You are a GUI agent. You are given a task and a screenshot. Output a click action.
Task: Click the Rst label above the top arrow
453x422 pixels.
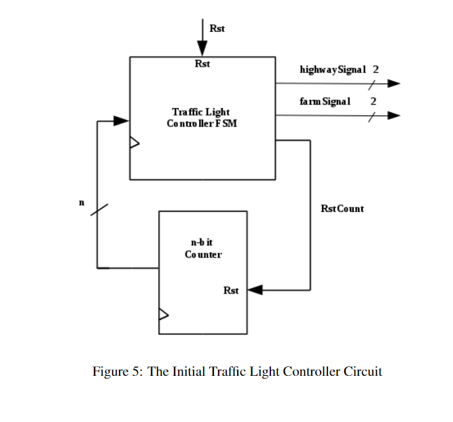tap(217, 29)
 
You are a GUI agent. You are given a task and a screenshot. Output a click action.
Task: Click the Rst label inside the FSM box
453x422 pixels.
tap(202, 64)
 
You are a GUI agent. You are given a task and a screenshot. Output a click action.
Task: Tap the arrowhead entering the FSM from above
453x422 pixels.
tap(202, 50)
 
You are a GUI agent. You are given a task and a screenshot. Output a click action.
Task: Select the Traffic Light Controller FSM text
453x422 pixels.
tap(202, 118)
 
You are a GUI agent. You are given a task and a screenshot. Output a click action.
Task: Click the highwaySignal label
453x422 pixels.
tap(333, 69)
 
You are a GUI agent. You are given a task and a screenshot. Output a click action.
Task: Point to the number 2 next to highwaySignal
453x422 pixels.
tap(376, 69)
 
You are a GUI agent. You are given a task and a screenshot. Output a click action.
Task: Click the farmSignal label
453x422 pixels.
tap(325, 101)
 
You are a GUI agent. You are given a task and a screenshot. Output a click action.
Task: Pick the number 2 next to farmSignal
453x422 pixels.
tap(373, 101)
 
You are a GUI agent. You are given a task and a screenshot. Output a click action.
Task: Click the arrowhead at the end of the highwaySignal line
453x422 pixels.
tap(393, 84)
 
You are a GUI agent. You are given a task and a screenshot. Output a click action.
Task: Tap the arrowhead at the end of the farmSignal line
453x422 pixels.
tap(393, 116)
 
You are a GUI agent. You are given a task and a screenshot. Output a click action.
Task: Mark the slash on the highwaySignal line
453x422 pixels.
tap(372, 84)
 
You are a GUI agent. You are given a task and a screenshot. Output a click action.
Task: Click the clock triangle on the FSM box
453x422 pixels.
tap(134, 143)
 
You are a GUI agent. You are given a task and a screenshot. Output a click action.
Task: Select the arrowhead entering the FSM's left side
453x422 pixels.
tap(122, 121)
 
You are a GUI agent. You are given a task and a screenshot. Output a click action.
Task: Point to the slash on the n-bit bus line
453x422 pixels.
tap(98, 209)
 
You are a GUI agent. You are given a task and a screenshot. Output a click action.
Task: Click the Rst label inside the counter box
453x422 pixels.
tap(231, 291)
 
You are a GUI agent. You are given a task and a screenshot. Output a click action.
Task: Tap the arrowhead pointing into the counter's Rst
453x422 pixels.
tap(255, 290)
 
